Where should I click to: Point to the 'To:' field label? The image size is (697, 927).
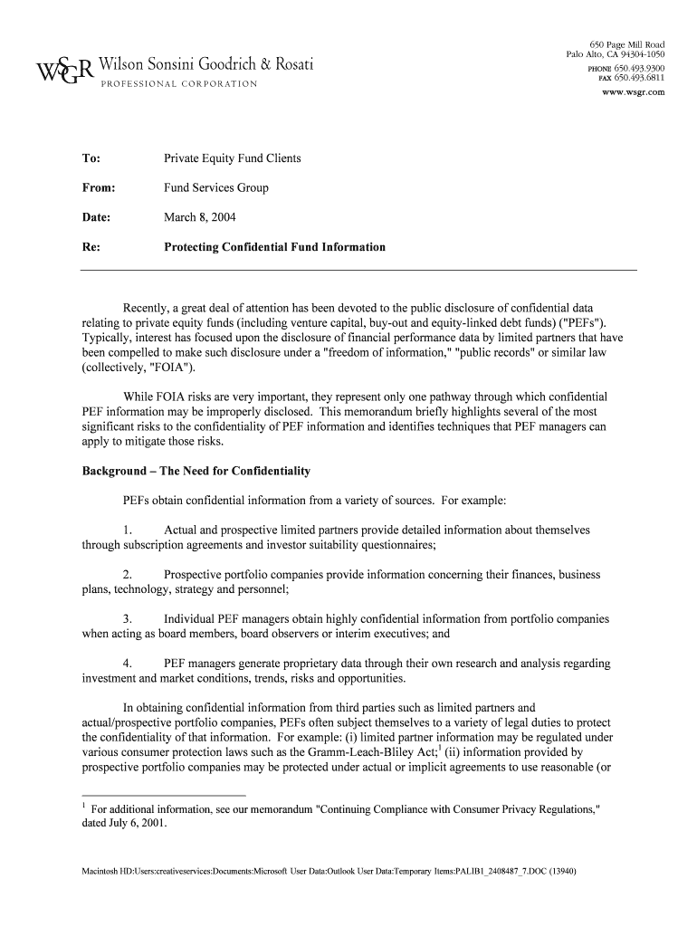tap(91, 158)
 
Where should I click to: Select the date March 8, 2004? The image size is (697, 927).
tap(200, 217)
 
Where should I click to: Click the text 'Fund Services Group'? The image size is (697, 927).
tap(215, 188)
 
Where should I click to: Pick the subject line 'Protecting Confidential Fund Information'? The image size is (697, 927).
tap(274, 247)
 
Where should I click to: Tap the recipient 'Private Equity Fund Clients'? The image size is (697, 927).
tap(232, 158)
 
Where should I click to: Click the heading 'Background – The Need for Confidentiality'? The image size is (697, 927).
tap(196, 472)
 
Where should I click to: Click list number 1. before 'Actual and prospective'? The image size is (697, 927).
tap(128, 530)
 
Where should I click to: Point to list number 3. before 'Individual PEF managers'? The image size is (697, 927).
tap(128, 619)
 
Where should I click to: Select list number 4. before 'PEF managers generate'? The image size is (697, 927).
tap(128, 664)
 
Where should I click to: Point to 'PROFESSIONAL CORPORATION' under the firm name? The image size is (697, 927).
tap(177, 84)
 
